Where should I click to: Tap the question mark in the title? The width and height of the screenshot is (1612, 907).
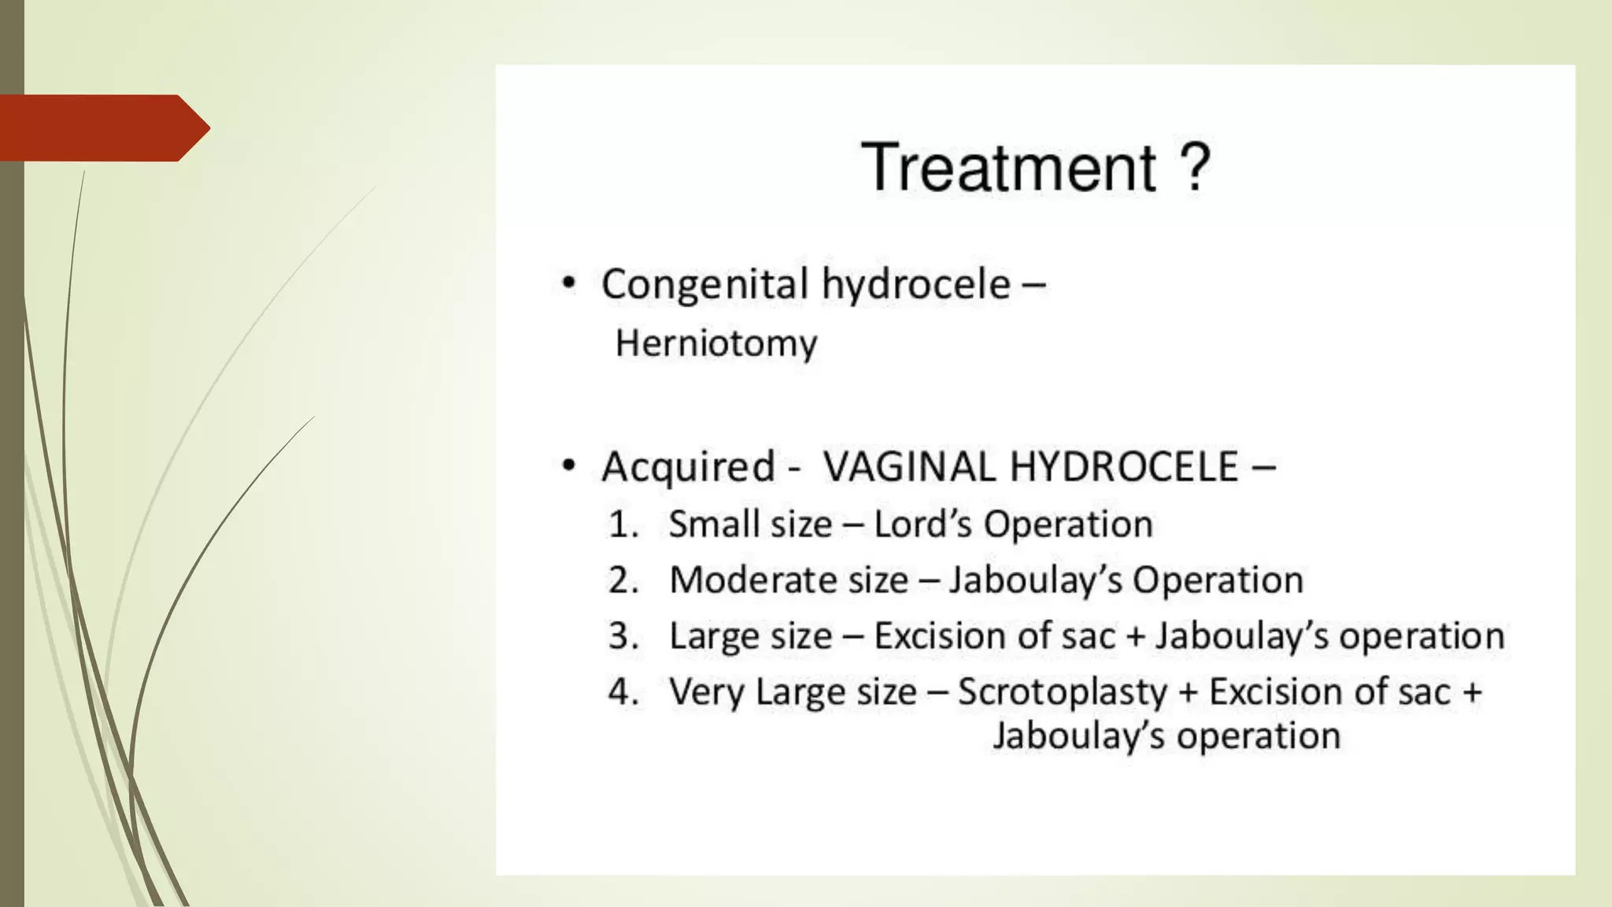1194,167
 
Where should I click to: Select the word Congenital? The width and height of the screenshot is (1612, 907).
704,284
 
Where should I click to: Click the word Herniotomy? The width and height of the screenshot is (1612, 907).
715,344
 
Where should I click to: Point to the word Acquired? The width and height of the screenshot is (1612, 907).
688,466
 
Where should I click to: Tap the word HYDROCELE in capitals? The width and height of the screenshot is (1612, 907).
1124,466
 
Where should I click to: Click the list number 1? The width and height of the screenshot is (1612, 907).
622,524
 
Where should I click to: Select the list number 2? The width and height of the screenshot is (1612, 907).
622,580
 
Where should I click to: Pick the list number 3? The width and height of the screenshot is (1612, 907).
622,636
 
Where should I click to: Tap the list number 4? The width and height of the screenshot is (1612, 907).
622,692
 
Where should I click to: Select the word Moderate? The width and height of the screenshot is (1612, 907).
747,580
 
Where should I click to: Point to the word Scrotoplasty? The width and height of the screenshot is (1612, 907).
1062,692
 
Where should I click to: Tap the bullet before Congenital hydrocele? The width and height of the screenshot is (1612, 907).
568,284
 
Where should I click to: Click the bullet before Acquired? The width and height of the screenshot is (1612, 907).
568,466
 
